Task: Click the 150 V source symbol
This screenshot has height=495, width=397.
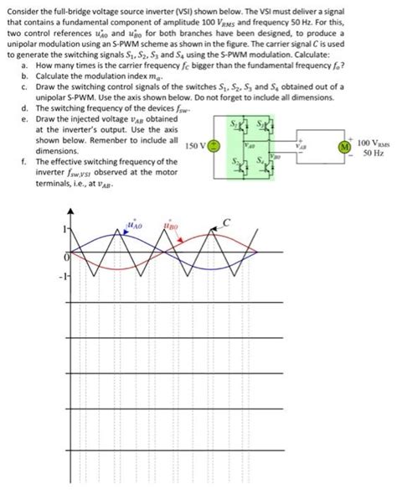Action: (214, 145)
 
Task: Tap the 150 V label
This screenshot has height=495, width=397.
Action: (193, 145)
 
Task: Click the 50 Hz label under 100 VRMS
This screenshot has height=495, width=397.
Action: (373, 154)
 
